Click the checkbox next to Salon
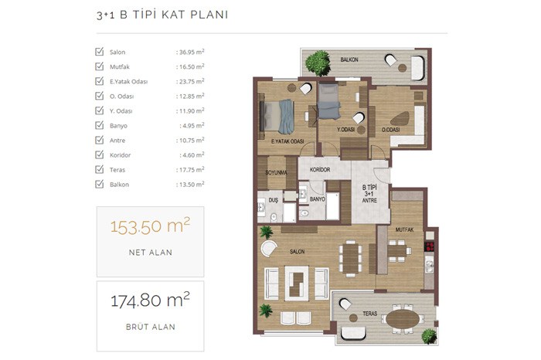click(x=100, y=52)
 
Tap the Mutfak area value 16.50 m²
click(x=190, y=66)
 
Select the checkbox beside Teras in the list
click(x=100, y=169)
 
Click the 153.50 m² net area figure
click(x=150, y=226)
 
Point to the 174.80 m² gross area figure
click(x=150, y=300)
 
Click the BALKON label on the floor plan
click(x=349, y=59)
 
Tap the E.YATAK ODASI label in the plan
click(x=288, y=141)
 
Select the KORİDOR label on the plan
click(x=320, y=170)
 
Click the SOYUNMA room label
click(x=276, y=172)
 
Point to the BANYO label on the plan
click(x=317, y=199)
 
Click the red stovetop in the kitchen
click(x=430, y=246)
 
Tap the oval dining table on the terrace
click(x=403, y=319)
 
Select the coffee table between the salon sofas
click(x=296, y=284)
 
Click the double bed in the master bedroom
click(x=277, y=117)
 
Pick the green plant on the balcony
click(x=318, y=63)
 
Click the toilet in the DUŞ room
click(x=274, y=217)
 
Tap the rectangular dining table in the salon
click(x=351, y=258)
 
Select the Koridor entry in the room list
click(x=120, y=155)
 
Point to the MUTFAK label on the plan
click(x=404, y=229)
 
